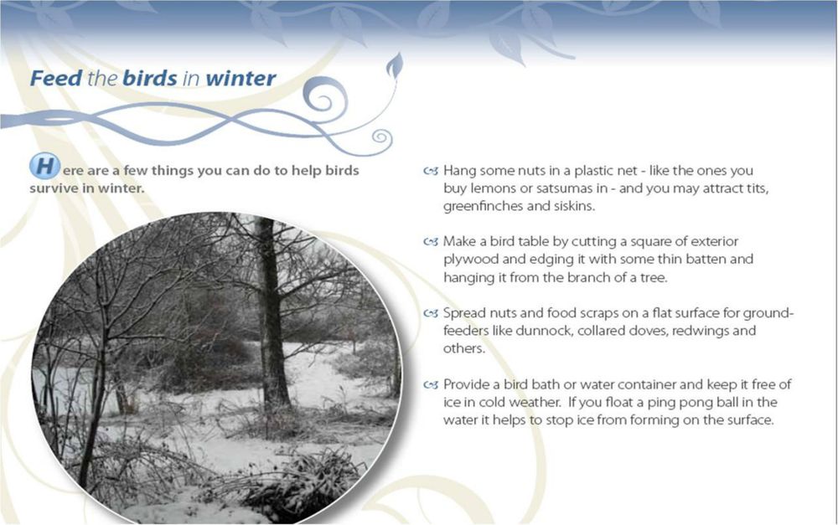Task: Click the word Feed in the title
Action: click(56, 78)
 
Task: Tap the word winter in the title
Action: click(241, 79)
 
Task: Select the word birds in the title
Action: click(150, 78)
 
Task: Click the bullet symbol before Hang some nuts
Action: click(431, 172)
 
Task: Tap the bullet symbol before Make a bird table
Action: click(431, 242)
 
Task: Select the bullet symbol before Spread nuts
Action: click(431, 313)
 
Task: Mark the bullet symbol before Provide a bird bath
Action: click(431, 384)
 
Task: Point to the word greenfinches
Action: click(484, 206)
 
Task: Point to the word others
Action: click(464, 349)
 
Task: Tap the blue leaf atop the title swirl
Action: click(395, 65)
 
